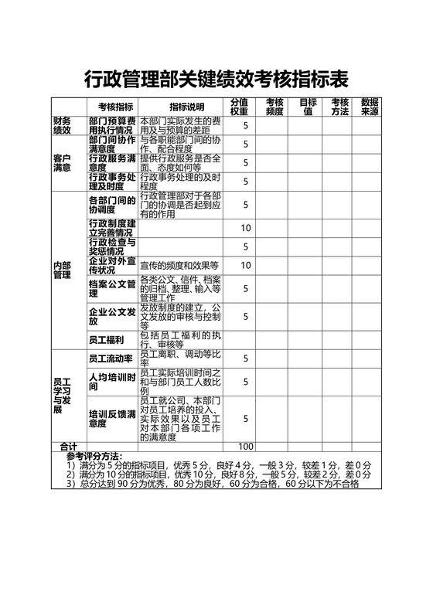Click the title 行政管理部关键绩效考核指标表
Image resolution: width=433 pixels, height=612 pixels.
(x=216, y=79)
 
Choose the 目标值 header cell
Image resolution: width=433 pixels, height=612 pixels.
(x=308, y=107)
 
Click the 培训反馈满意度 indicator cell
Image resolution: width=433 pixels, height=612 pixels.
(x=112, y=418)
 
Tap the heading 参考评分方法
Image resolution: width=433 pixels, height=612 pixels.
(x=94, y=455)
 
